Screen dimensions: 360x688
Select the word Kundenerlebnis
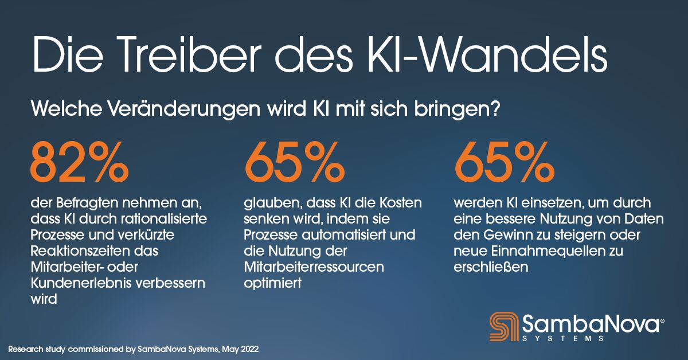coord(79,283)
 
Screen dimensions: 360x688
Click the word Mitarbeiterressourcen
coord(314,267)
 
